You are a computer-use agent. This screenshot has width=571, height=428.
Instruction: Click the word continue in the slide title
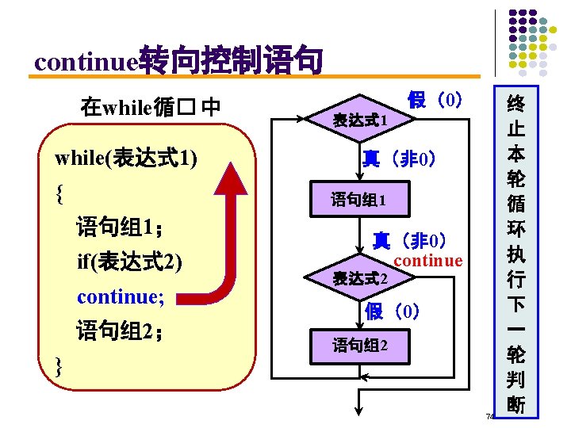tap(86, 60)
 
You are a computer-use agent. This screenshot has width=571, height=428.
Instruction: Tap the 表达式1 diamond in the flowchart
tap(360, 120)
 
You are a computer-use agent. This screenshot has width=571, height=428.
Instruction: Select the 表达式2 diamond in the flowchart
tap(360, 278)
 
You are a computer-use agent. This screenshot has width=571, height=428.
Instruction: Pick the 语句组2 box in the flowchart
tap(360, 346)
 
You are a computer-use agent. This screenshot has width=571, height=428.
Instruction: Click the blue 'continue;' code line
tap(121, 296)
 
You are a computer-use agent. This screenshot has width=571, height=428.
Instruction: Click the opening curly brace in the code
tap(60, 192)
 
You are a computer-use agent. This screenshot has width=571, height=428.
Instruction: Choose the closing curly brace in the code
tap(60, 365)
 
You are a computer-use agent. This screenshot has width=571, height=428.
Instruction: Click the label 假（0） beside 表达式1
tap(435, 100)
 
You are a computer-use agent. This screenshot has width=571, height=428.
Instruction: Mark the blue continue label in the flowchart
tap(428, 261)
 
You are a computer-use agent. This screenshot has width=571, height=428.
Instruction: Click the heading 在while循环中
tap(150, 105)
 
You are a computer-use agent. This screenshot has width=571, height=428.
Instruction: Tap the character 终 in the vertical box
tap(515, 104)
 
